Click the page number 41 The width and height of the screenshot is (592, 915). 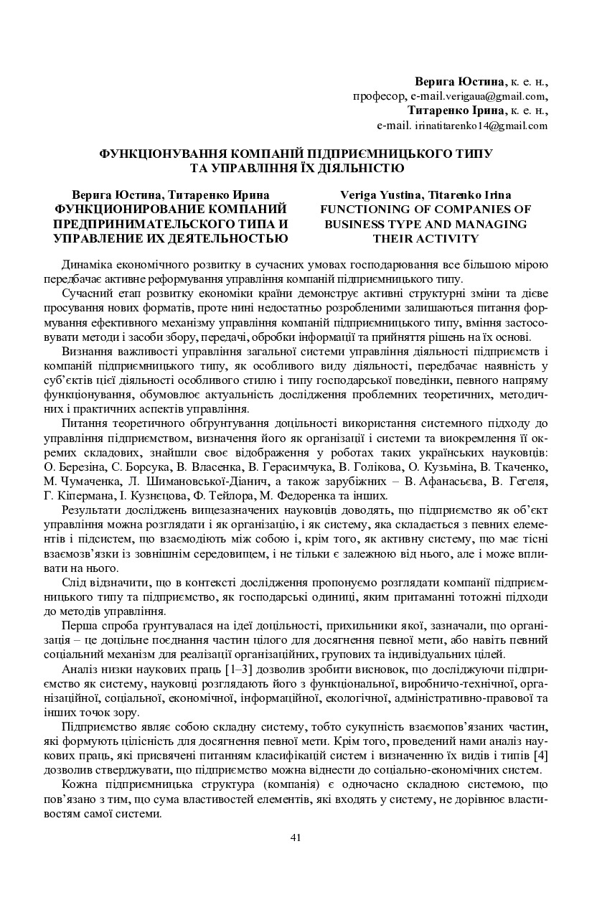[295, 837]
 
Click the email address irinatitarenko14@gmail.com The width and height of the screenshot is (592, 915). [481, 125]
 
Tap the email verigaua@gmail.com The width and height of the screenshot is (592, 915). [494, 95]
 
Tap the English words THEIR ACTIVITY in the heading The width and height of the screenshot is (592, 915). [426, 238]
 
